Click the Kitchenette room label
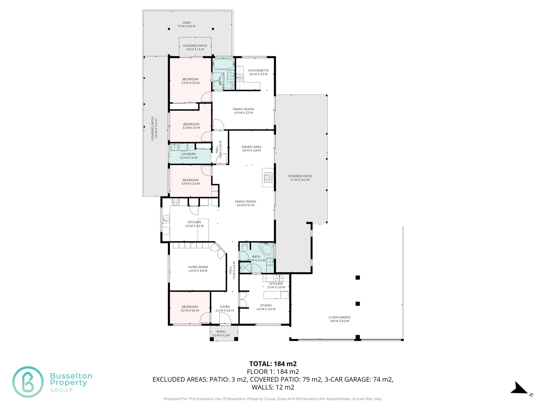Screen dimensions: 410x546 [258, 72]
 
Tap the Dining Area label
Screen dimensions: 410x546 [251, 148]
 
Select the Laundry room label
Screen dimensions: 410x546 [188, 156]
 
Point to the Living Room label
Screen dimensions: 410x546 [198, 269]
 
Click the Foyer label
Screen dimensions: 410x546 [224, 309]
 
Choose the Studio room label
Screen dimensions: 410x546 [266, 307]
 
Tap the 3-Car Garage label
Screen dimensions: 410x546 [340, 319]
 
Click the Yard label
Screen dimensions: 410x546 [187, 24]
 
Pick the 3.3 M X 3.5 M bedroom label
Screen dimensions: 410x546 [190, 81]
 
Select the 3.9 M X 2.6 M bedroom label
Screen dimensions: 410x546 [190, 182]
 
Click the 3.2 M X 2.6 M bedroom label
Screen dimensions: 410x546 [190, 309]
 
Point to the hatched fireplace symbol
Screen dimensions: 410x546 [268, 177]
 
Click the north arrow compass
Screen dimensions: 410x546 [519, 389]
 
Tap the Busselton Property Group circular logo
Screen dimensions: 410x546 [28, 382]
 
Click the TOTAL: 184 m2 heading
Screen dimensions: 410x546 [273, 364]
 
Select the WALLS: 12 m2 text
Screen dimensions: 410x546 [273, 387]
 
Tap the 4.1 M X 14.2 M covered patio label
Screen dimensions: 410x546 [300, 178]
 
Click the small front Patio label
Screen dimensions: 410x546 [221, 333]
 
